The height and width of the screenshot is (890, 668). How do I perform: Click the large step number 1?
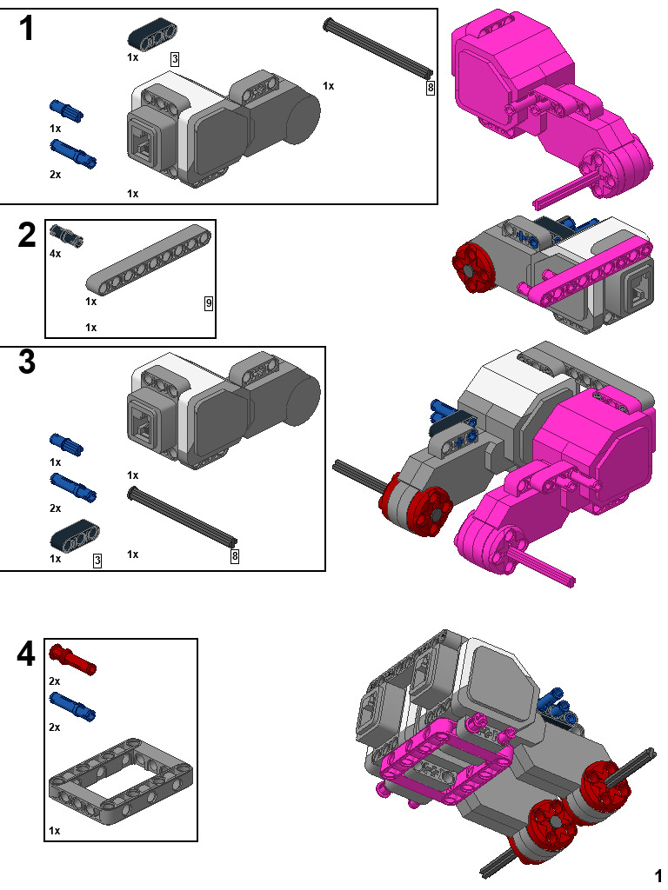(x=28, y=30)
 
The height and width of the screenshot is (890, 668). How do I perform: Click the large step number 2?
(x=28, y=236)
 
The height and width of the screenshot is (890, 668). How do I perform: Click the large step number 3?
(x=28, y=362)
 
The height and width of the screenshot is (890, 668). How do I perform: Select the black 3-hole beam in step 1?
(x=153, y=36)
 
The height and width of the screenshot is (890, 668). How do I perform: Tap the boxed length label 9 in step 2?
(x=208, y=303)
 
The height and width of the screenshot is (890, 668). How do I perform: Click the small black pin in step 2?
(x=65, y=234)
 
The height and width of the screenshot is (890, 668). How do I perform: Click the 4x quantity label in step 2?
(x=56, y=254)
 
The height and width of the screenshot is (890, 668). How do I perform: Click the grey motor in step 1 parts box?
(x=222, y=130)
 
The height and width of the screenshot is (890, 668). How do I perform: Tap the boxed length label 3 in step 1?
(x=175, y=59)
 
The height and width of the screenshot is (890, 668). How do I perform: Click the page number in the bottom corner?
(x=658, y=874)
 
